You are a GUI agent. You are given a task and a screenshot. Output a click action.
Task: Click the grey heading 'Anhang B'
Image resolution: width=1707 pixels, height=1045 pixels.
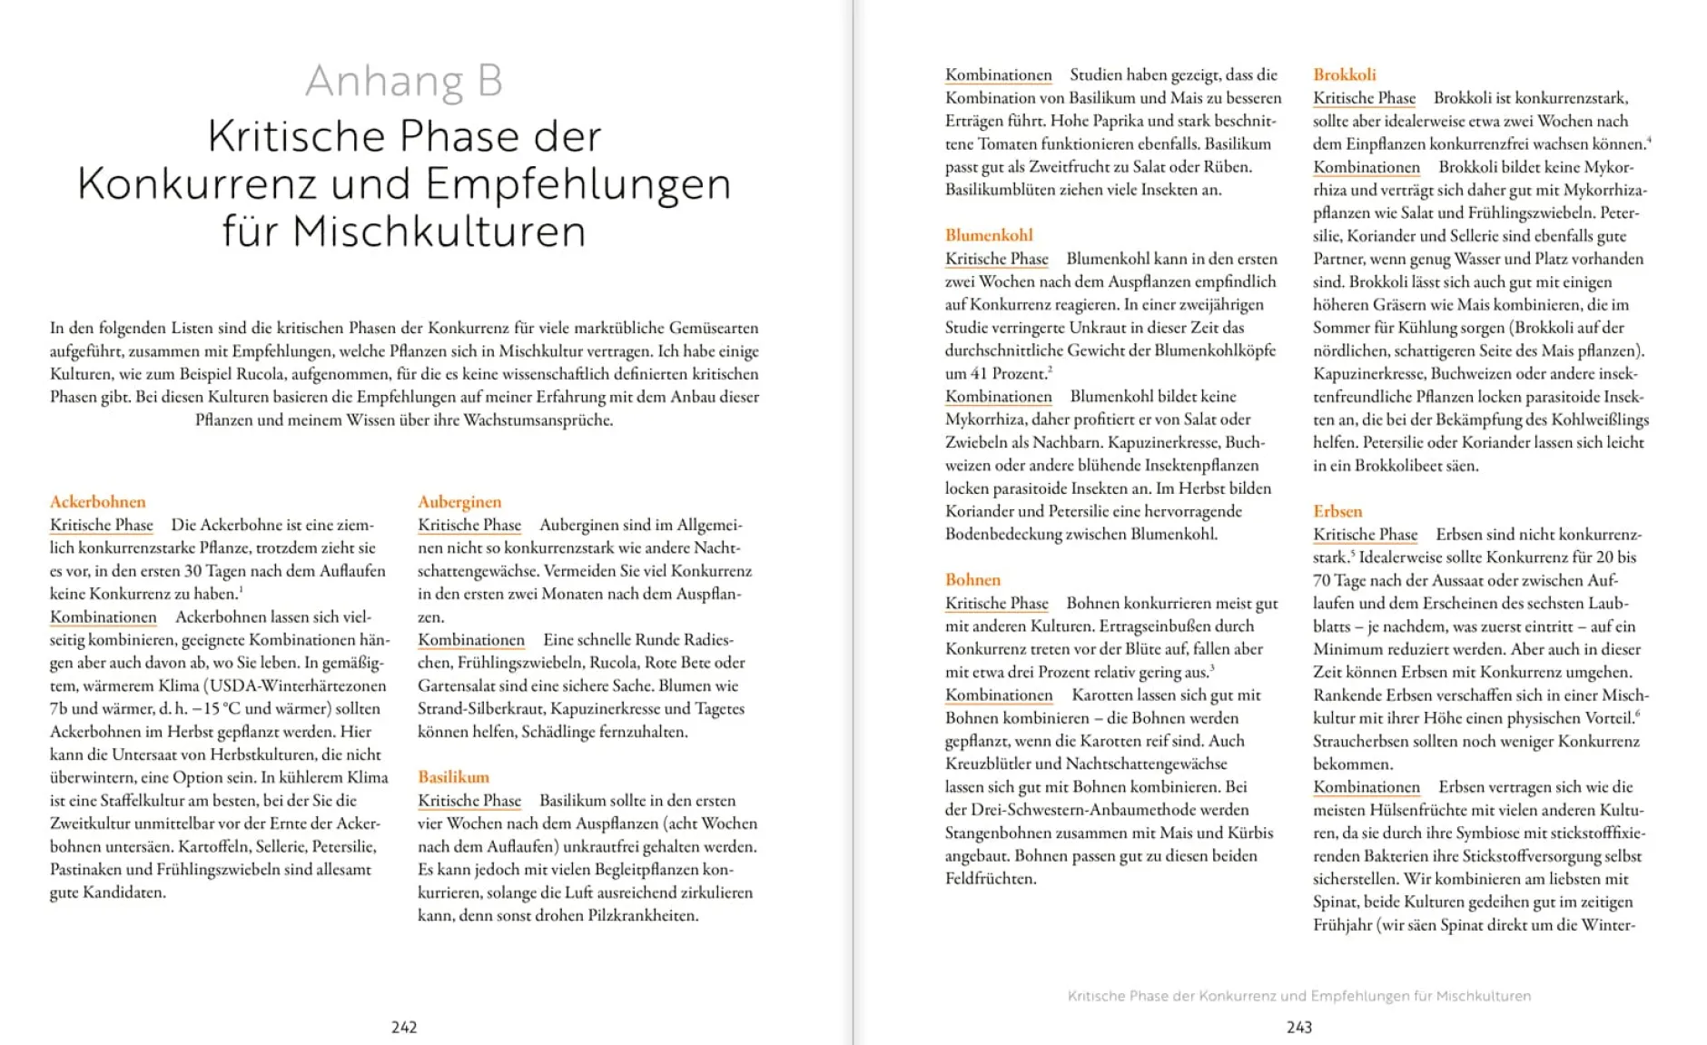pos(404,81)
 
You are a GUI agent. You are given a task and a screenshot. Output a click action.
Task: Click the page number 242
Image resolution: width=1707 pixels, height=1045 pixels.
pos(404,1027)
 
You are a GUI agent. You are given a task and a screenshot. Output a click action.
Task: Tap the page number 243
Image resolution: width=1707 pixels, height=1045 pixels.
pos(1299,1027)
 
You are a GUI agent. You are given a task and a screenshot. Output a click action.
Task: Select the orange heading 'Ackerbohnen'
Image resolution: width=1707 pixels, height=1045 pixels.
pos(97,501)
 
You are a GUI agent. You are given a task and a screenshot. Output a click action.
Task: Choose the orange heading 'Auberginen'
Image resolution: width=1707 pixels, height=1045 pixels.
pos(459,501)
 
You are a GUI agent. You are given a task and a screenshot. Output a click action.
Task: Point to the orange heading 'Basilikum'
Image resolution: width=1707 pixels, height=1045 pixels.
pos(453,777)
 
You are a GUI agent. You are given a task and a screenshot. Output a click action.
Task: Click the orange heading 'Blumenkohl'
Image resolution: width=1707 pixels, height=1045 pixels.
pos(989,235)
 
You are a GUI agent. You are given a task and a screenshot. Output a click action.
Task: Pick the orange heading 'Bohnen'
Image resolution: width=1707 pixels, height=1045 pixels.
pos(972,579)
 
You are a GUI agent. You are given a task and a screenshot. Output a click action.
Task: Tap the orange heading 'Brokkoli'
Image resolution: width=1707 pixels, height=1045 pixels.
pos(1344,74)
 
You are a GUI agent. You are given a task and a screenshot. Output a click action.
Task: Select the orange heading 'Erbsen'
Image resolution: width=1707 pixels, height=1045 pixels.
pos(1337,511)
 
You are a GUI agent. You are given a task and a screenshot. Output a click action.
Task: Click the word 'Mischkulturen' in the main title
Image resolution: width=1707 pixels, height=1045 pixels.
pos(439,231)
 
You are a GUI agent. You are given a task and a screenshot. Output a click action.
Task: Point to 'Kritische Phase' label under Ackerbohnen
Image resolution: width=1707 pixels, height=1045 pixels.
pos(102,525)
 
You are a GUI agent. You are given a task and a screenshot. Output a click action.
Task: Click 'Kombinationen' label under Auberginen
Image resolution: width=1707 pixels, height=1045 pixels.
pos(471,640)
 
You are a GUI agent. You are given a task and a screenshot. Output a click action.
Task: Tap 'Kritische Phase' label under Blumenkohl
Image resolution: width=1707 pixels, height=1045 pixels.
pos(996,259)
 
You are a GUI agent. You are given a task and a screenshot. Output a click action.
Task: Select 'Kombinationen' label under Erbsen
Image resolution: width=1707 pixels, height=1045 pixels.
pos(1366,787)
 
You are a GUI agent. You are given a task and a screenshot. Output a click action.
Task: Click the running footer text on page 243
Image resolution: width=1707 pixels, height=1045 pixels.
pos(1299,996)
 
